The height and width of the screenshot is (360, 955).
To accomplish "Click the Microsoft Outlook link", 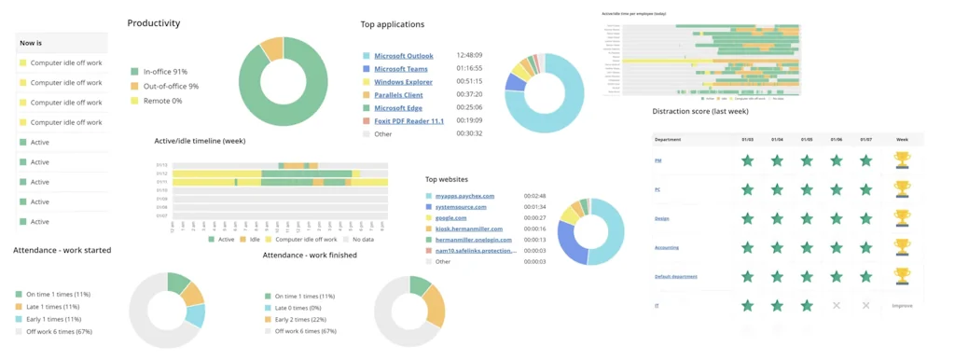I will coord(403,56).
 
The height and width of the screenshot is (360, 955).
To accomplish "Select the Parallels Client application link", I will coord(398,95).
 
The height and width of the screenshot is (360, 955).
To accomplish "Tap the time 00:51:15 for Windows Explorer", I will coord(469,82).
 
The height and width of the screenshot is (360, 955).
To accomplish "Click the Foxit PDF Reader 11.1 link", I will coord(408,121).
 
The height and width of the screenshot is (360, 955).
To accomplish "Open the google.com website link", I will coord(450,218).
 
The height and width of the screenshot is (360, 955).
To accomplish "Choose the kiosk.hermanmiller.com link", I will coord(468,228).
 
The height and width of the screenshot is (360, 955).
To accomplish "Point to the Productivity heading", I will coord(154,23).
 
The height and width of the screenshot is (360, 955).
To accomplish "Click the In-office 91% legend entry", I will coord(165,72).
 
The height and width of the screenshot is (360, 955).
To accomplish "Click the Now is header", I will coord(31,43).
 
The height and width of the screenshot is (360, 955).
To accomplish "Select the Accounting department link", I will coord(667,248).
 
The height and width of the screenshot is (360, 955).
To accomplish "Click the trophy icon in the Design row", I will coord(902,218).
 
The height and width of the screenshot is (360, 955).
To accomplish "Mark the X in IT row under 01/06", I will coord(837,306).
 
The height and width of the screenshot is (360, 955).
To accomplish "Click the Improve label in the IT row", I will coord(902,306).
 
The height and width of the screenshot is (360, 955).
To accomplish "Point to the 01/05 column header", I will coord(807,140).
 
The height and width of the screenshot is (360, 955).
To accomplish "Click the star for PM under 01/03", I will coord(747,160).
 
